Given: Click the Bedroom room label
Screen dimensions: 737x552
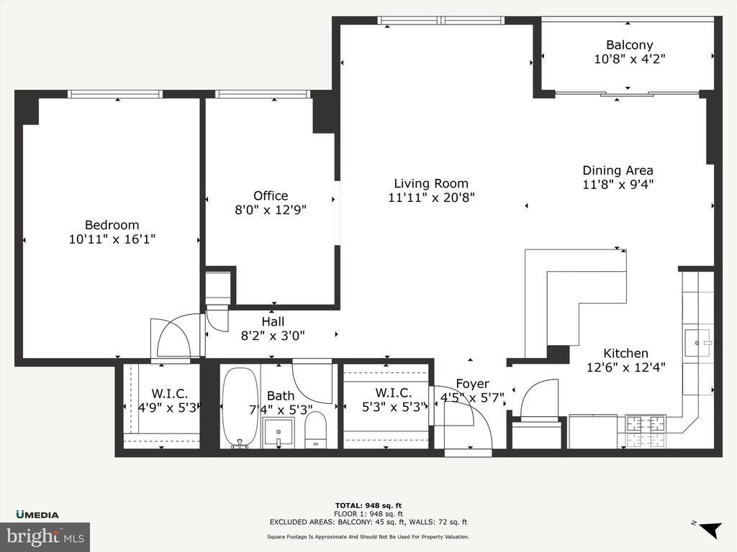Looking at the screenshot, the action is click(112, 225).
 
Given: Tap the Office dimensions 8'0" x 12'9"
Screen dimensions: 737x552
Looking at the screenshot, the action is click(271, 209).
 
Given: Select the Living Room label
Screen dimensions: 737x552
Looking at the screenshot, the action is click(431, 183).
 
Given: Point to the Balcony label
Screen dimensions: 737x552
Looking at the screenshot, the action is click(629, 45).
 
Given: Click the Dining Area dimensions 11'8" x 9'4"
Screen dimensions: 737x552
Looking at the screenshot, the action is click(618, 184).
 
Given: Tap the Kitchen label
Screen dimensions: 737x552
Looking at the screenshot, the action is click(625, 353).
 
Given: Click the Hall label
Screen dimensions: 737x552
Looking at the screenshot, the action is click(273, 321).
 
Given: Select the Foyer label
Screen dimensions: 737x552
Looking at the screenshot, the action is click(472, 384).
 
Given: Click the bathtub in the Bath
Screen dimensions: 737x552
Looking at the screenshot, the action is click(240, 408).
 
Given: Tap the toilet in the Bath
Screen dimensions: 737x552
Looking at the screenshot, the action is click(315, 430).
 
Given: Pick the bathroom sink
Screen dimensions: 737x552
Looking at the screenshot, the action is click(279, 432).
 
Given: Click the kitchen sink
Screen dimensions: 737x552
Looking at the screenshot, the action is click(697, 343).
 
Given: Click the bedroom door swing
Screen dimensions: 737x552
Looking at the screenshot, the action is click(173, 336).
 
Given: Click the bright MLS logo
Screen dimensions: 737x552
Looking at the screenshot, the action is click(45, 536).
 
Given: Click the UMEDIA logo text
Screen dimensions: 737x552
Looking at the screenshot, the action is click(37, 515).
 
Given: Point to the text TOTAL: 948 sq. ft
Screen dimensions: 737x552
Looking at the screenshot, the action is click(368, 505).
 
